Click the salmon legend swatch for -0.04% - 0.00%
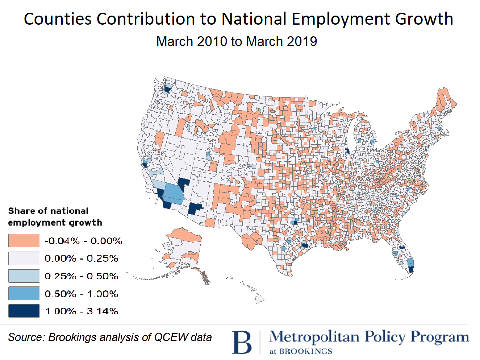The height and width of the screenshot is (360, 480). (x=24, y=241)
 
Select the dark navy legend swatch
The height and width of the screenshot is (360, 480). (x=24, y=311)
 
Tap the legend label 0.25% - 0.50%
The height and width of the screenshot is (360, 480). (x=82, y=276)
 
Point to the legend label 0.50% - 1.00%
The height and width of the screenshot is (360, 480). (x=82, y=294)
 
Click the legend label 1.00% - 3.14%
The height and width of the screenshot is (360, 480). (x=82, y=311)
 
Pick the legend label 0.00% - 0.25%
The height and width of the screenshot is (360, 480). (x=82, y=258)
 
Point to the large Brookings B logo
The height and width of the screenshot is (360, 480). (x=242, y=342)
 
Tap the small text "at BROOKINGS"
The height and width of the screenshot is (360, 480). (x=301, y=351)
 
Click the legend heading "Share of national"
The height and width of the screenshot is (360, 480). (x=48, y=211)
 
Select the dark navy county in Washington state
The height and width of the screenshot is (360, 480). (x=168, y=89)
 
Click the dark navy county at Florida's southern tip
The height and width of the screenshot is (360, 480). (x=411, y=269)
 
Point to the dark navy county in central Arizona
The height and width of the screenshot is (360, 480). (x=195, y=208)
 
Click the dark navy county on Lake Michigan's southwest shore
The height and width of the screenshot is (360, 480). (x=347, y=151)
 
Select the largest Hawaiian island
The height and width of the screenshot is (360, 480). (x=259, y=299)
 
